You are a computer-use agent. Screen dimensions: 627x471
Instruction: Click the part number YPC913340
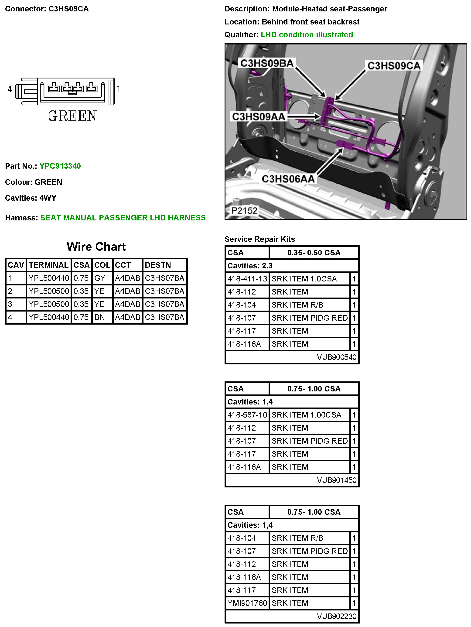pyautogui.click(x=60, y=166)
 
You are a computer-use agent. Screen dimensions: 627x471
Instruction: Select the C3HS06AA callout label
pyautogui.click(x=288, y=179)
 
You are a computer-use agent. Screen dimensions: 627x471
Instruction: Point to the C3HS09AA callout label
pyautogui.click(x=259, y=116)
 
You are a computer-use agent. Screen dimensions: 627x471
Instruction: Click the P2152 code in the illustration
pyautogui.click(x=244, y=211)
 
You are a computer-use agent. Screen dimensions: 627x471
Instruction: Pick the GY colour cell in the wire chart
pyautogui.click(x=100, y=278)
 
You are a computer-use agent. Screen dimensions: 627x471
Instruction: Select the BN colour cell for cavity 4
pyautogui.click(x=99, y=317)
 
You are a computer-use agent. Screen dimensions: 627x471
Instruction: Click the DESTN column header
pyautogui.click(x=158, y=265)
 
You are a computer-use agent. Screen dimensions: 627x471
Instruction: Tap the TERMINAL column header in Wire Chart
pyautogui.click(x=48, y=265)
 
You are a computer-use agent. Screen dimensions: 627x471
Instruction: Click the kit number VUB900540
pyautogui.click(x=336, y=357)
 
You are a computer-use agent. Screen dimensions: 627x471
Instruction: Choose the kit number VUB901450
pyautogui.click(x=336, y=480)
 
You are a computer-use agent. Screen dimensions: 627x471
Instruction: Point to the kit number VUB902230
pyautogui.click(x=336, y=616)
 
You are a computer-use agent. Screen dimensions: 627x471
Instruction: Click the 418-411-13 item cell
pyautogui.click(x=247, y=279)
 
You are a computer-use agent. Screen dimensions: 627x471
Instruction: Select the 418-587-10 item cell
pyautogui.click(x=247, y=415)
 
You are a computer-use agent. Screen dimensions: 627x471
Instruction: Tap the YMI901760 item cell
pyautogui.click(x=247, y=603)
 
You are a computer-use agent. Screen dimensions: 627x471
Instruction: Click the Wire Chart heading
pyautogui.click(x=96, y=247)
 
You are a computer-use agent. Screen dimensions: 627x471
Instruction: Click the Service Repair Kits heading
pyautogui.click(x=259, y=239)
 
